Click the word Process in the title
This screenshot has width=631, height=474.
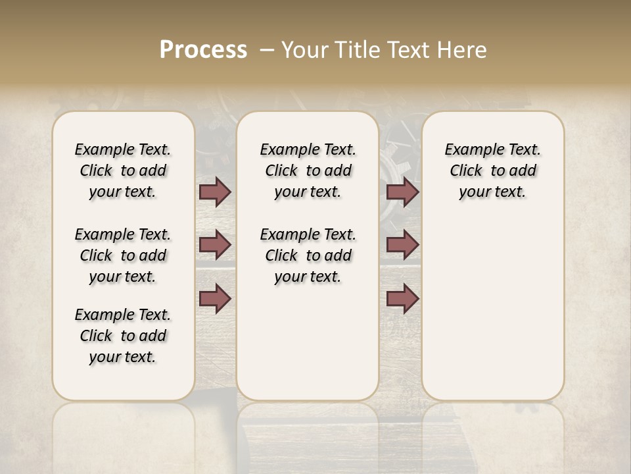(x=203, y=50)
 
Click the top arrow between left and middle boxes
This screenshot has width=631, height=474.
(x=215, y=192)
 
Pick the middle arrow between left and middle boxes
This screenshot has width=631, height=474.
(x=215, y=245)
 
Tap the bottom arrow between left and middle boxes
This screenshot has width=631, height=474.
(x=215, y=298)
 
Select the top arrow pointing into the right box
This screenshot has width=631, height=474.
(x=402, y=192)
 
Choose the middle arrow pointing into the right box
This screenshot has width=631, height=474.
(x=402, y=245)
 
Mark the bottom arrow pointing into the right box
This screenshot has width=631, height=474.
(x=402, y=298)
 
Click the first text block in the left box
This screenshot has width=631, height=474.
(x=123, y=171)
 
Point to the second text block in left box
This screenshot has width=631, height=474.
(x=123, y=255)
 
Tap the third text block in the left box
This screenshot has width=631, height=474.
(x=123, y=336)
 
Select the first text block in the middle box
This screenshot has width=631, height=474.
(x=308, y=171)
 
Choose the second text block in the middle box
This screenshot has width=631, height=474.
(x=308, y=255)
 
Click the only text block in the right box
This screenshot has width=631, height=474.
(x=492, y=171)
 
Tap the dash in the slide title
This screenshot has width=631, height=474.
(x=267, y=50)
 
